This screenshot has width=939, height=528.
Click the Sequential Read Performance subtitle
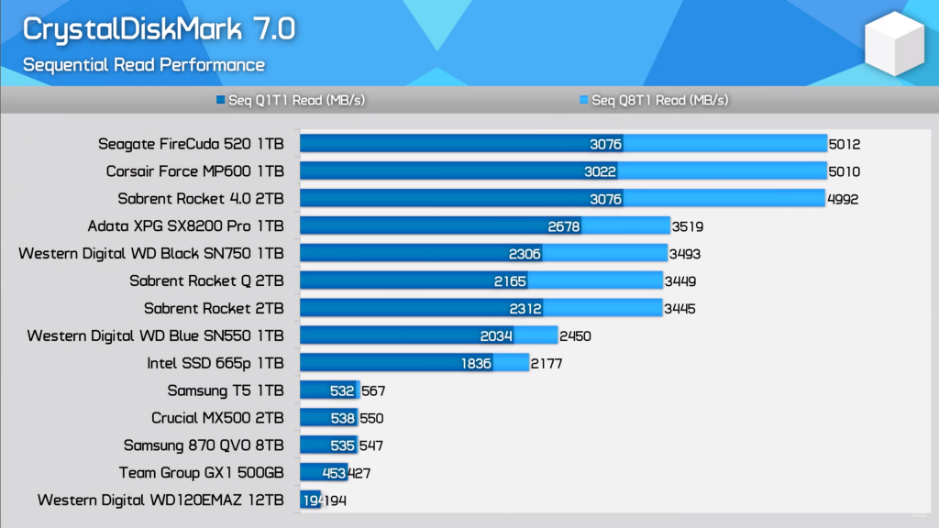[144, 65]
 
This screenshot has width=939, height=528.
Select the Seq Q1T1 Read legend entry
[291, 100]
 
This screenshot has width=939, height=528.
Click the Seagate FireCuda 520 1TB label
[191, 144]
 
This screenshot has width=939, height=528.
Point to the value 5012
[845, 144]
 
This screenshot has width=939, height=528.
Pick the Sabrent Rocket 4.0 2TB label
[201, 199]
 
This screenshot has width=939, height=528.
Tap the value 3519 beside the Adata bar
[688, 226]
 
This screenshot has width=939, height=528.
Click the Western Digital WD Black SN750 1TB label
[151, 254]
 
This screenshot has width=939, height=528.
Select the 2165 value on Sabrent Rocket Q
[512, 281]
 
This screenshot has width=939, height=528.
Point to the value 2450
[575, 336]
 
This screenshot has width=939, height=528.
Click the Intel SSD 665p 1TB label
[215, 363]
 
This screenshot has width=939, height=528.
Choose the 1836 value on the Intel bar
[477, 364]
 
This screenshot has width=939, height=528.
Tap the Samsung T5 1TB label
[226, 390]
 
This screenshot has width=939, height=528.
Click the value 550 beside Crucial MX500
[371, 418]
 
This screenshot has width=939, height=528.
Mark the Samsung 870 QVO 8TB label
[204, 445]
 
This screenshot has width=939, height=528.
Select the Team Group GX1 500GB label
[202, 473]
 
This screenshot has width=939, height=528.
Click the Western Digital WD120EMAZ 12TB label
[160, 500]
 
